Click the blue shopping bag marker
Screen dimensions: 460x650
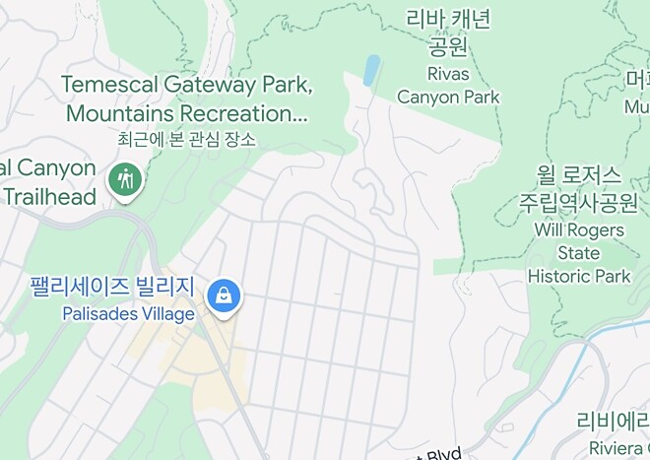pos(226,295)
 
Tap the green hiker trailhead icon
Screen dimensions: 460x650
pos(126,180)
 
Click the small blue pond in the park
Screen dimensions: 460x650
pos(371,70)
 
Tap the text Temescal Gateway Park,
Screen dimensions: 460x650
pos(186,85)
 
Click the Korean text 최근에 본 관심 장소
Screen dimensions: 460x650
pos(186,139)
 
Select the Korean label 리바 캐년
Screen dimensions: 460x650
pos(448,20)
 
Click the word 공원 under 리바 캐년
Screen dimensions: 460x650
pos(448,47)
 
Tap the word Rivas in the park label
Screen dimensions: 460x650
pos(448,73)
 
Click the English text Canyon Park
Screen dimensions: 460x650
pos(448,97)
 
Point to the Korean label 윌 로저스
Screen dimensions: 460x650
pos(578,175)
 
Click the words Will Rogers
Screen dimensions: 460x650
pos(578,230)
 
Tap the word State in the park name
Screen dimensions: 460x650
pos(578,253)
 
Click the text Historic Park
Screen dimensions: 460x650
pos(578,276)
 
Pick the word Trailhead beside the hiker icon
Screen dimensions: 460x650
pos(48,196)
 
